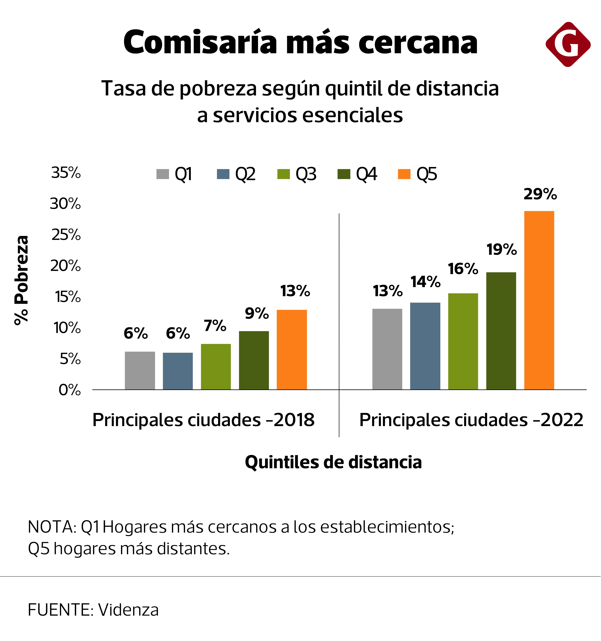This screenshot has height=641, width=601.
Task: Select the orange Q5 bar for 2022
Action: coord(539,300)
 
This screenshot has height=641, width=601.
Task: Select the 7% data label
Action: coord(215,326)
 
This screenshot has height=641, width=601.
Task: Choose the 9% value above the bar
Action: coord(257,313)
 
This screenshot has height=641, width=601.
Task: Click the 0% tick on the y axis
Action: coord(70,390)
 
